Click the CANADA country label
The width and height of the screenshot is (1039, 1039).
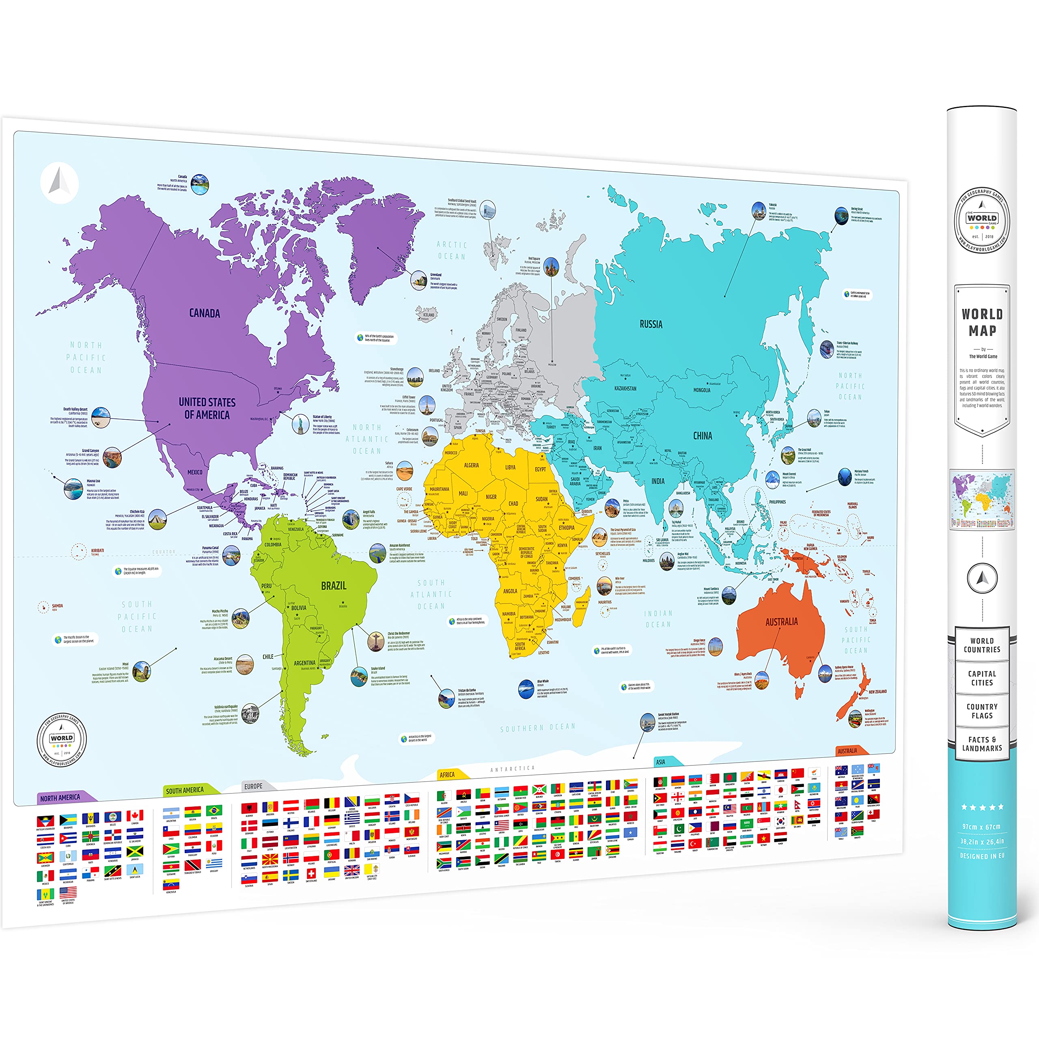pyautogui.click(x=205, y=313)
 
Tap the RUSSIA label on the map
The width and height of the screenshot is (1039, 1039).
pyautogui.click(x=651, y=324)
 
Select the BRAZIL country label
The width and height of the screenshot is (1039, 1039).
pyautogui.click(x=334, y=586)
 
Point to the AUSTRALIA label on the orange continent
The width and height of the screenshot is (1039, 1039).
pyautogui.click(x=781, y=622)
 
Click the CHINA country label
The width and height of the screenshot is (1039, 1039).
pyautogui.click(x=703, y=435)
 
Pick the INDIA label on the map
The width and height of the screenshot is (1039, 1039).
pyautogui.click(x=658, y=481)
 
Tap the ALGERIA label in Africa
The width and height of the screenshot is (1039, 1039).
pyautogui.click(x=471, y=465)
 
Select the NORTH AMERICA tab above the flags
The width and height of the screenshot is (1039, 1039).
pyautogui.click(x=60, y=798)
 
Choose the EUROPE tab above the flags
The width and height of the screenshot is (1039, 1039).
pyautogui.click(x=253, y=786)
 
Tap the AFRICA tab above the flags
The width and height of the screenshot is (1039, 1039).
pyautogui.click(x=447, y=775)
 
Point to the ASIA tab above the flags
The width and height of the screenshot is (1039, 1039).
pyautogui.click(x=660, y=762)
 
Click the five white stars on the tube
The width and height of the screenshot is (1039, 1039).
pyautogui.click(x=982, y=807)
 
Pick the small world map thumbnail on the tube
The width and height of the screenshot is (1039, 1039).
pyautogui.click(x=982, y=500)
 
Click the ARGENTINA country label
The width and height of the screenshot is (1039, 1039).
pyautogui.click(x=304, y=663)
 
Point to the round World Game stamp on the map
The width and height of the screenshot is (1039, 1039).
pyautogui.click(x=61, y=739)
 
